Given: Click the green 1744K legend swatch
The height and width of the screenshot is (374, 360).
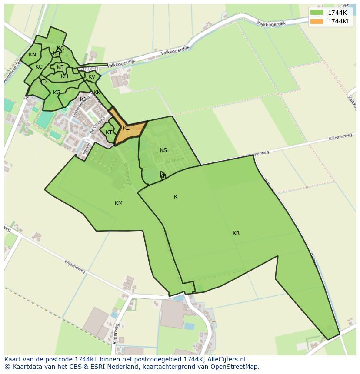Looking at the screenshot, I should coord(317,13).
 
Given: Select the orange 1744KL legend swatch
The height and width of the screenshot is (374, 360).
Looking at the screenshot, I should coord(317,21).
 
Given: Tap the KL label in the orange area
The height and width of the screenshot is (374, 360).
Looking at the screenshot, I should coord(126,128).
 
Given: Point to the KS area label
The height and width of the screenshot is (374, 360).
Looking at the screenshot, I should coord(163,150).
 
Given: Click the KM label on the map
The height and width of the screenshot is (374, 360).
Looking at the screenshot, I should coord(119,203).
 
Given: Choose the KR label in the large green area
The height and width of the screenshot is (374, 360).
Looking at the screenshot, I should coord(236,233).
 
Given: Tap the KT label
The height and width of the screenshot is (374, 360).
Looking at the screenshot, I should coord(109,132).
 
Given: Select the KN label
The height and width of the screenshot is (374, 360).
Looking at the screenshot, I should coord(32,55).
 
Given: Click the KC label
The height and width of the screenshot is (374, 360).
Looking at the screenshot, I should coord(39,67).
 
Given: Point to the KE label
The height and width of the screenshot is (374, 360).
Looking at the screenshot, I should coord(60,67).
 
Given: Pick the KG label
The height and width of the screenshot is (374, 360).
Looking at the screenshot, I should coord(57,93).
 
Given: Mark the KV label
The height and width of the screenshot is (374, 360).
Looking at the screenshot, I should coord(92,77).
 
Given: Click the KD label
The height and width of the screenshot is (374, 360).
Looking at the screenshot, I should coord(43,82).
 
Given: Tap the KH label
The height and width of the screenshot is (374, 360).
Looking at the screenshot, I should coord(64,76).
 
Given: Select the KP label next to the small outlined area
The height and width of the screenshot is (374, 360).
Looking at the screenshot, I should coord(163,176).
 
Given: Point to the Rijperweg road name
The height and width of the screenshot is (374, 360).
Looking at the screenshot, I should coord(116,334).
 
